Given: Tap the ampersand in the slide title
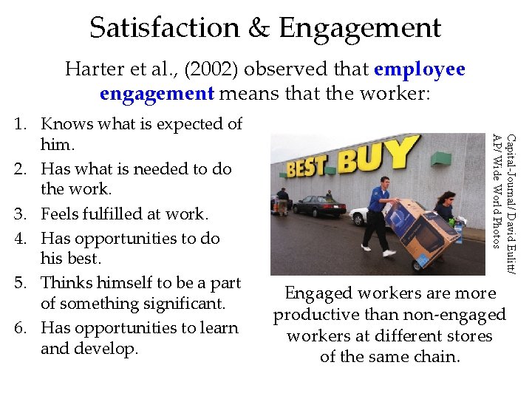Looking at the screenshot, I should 260,28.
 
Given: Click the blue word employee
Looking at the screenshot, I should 420,69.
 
